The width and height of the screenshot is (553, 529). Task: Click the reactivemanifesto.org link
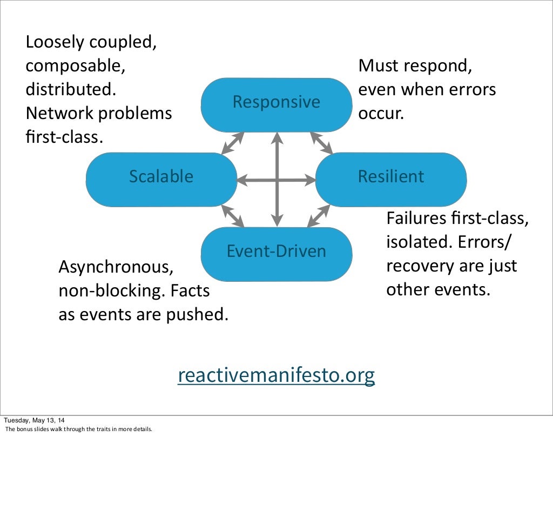click(x=276, y=375)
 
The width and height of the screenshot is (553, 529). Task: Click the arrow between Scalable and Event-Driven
click(x=233, y=216)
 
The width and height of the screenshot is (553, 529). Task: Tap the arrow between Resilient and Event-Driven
click(x=319, y=216)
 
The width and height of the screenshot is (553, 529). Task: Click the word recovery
click(x=419, y=266)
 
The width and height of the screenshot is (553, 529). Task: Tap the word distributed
click(x=71, y=90)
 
